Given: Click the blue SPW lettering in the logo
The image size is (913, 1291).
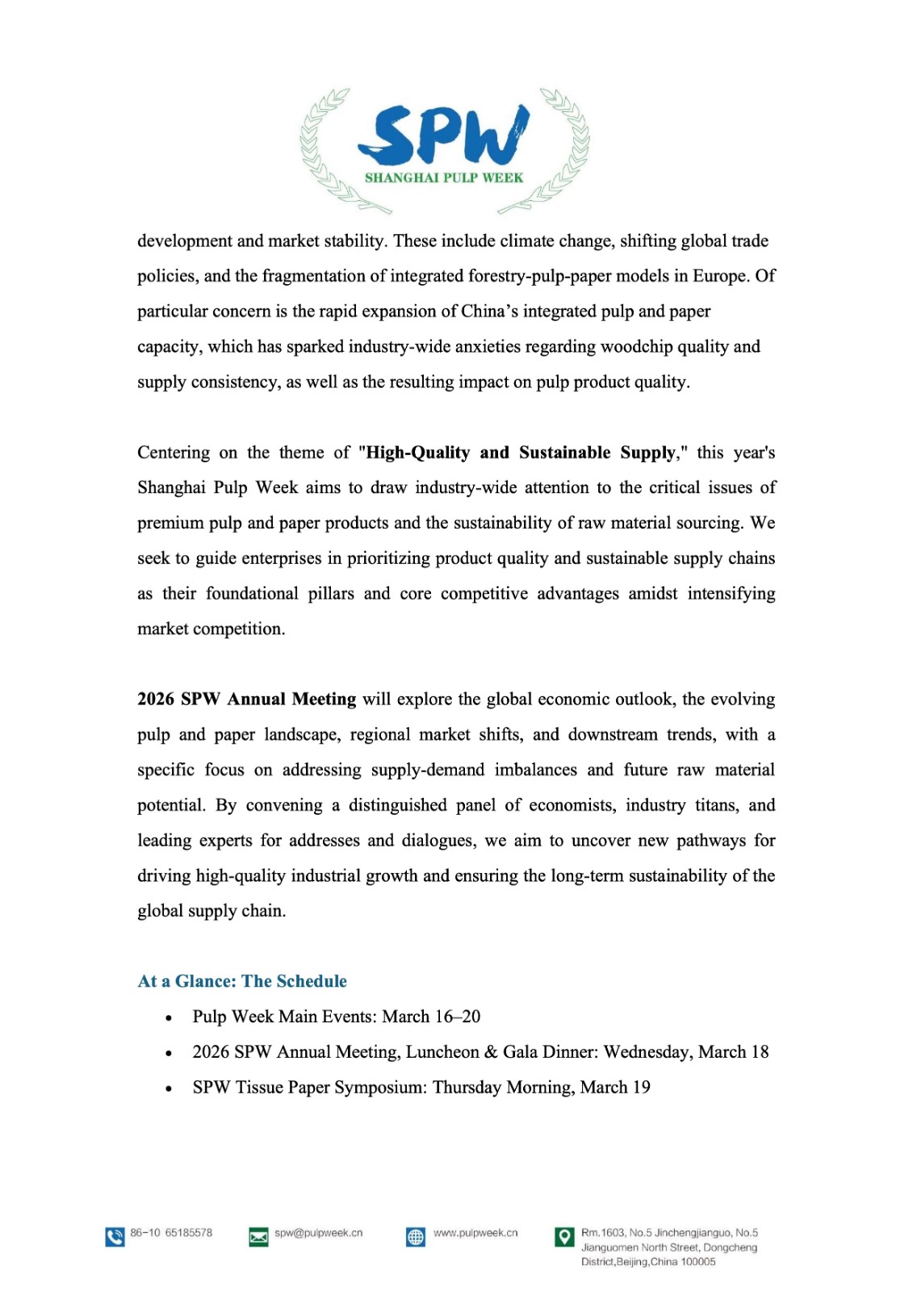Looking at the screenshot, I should (443, 135).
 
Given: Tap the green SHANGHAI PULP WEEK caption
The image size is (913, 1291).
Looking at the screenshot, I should (444, 178).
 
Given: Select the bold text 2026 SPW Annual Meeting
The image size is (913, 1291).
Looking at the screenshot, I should (246, 699).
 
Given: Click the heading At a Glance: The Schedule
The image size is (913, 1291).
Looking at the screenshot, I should (242, 981).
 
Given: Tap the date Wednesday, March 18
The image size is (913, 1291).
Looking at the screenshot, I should (686, 1052).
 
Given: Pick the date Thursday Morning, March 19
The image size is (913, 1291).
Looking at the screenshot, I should (542, 1088).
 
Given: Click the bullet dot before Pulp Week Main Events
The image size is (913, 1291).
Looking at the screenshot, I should (168, 1018).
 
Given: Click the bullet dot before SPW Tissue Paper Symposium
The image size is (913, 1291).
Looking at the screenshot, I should (168, 1088).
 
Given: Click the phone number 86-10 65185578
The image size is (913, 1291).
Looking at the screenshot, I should (171, 1233).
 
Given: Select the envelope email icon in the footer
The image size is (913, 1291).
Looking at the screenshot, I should (258, 1237).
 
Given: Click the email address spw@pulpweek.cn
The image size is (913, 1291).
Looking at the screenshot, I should (319, 1233).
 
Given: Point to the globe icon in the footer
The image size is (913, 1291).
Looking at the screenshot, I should (416, 1237).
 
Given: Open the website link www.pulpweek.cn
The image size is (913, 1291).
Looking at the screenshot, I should (475, 1233).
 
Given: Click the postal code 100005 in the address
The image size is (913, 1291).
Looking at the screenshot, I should (698, 1262).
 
